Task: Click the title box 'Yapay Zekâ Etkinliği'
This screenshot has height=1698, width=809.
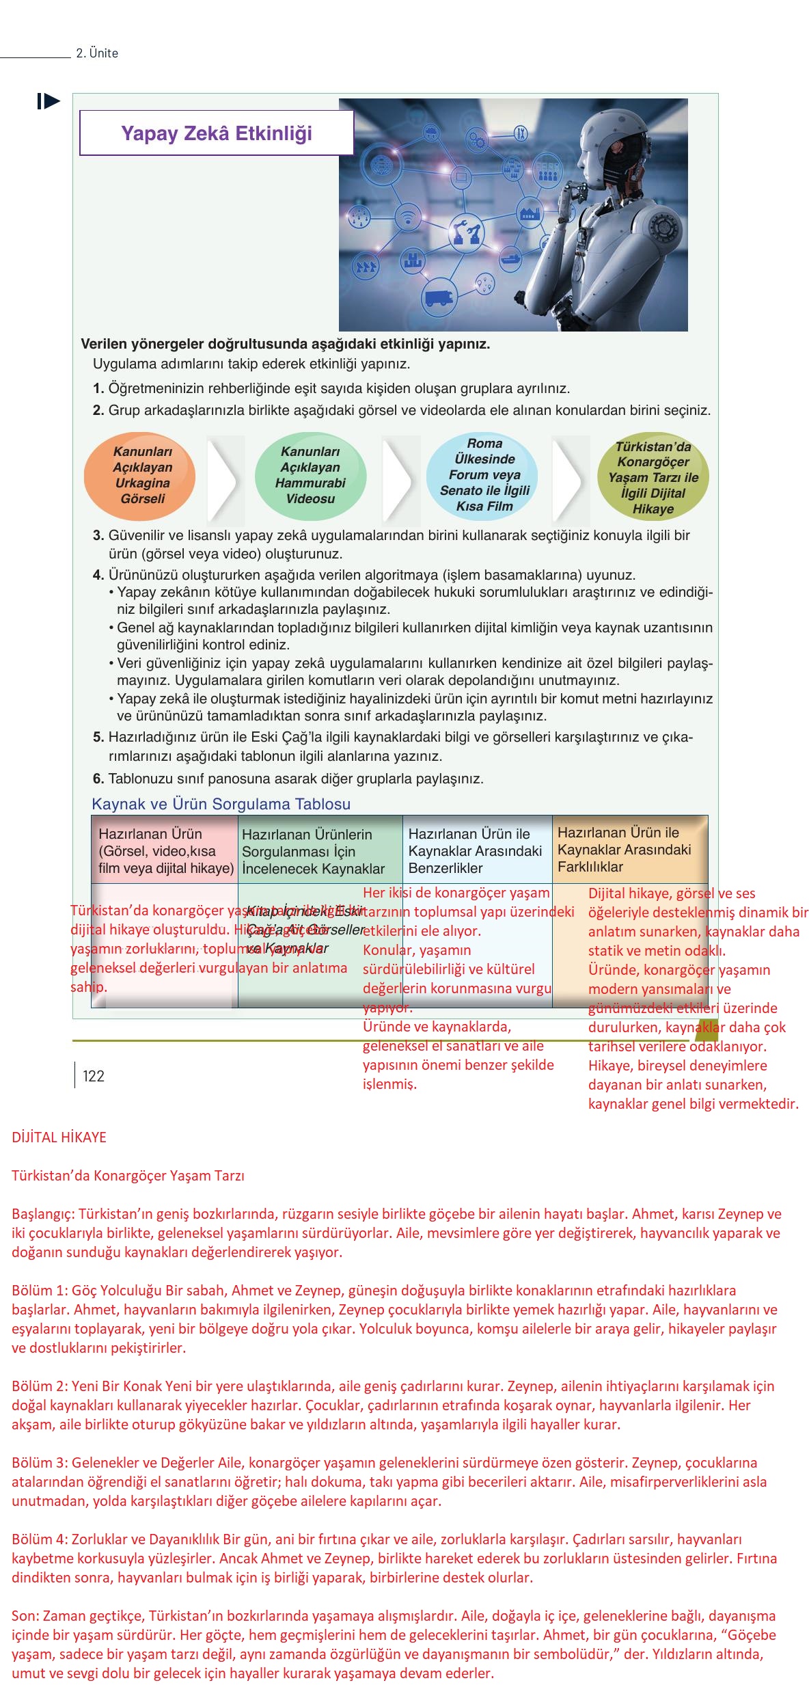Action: [217, 133]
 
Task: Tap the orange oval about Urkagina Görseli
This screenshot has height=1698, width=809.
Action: [140, 476]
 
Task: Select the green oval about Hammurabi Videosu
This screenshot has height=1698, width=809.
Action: [310, 476]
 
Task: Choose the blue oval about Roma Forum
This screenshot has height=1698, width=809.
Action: [482, 476]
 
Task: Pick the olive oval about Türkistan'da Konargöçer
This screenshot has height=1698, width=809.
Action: [653, 477]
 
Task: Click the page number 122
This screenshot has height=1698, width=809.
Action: [94, 1077]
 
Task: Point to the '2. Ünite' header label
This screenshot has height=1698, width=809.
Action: [97, 53]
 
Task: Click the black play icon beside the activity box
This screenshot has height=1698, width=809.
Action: [49, 102]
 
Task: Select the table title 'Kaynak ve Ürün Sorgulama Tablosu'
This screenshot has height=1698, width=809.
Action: [221, 804]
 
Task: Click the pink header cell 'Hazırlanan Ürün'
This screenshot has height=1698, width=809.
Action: [165, 850]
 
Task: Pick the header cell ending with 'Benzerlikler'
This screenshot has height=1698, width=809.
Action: [476, 850]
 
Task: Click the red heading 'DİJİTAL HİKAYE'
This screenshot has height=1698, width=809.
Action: [59, 1137]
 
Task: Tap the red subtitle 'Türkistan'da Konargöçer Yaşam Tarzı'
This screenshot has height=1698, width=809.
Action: [128, 1176]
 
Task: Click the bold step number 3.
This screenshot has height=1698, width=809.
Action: [98, 535]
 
